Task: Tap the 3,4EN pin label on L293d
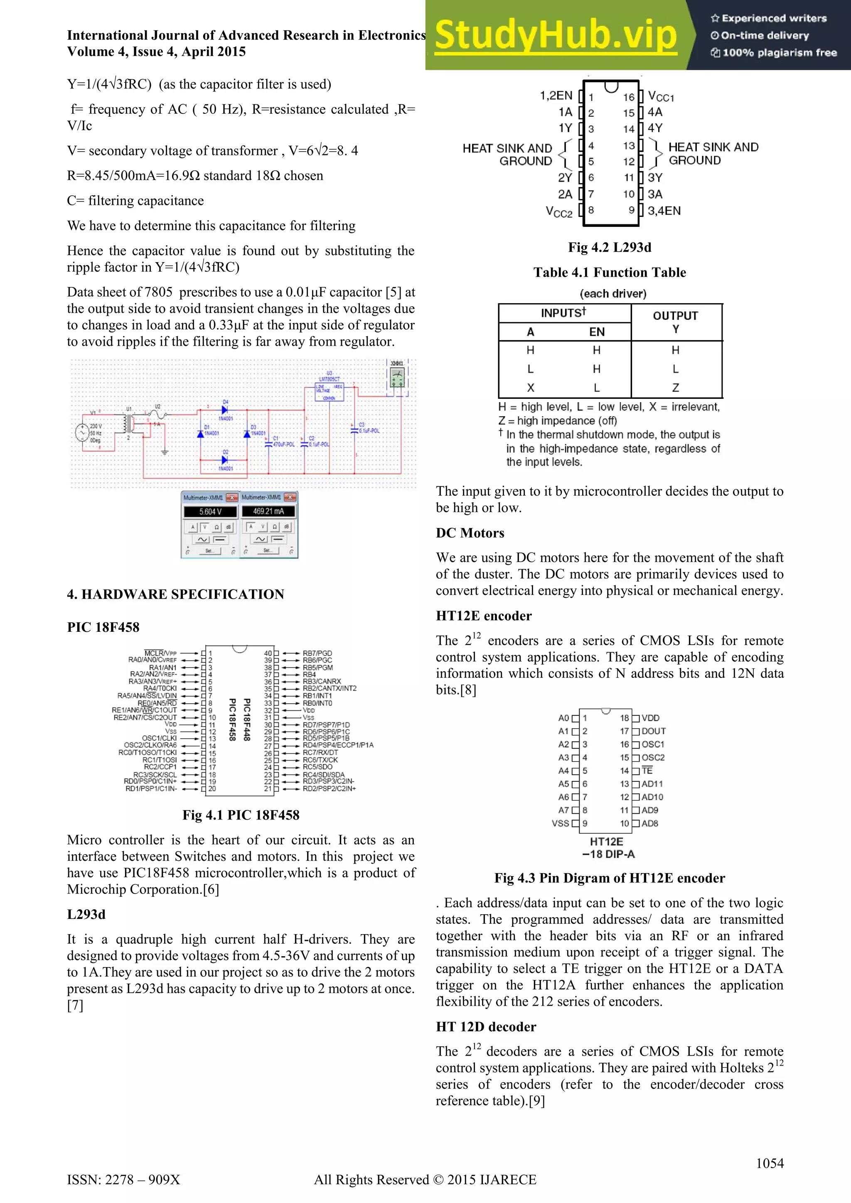pyautogui.click(x=664, y=211)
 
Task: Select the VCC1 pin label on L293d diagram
pyautogui.click(x=661, y=96)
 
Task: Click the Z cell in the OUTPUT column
pyautogui.click(x=676, y=388)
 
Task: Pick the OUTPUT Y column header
pyautogui.click(x=676, y=322)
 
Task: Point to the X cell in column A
pyautogui.click(x=530, y=388)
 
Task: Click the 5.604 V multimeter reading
pyautogui.click(x=210, y=511)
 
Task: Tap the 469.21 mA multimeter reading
pyautogui.click(x=268, y=511)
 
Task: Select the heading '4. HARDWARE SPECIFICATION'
pyautogui.click(x=175, y=594)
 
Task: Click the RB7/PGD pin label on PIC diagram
pyautogui.click(x=317, y=653)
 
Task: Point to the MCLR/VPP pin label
pyautogui.click(x=160, y=653)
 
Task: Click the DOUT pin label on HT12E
pyautogui.click(x=654, y=731)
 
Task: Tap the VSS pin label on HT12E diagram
pyautogui.click(x=560, y=823)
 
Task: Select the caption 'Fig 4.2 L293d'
pyautogui.click(x=610, y=247)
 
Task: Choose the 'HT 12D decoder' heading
pyautogui.click(x=486, y=1026)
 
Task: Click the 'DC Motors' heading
pyautogui.click(x=470, y=533)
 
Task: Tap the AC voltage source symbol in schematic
pyautogui.click(x=82, y=432)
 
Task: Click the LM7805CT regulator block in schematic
pyautogui.click(x=329, y=390)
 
